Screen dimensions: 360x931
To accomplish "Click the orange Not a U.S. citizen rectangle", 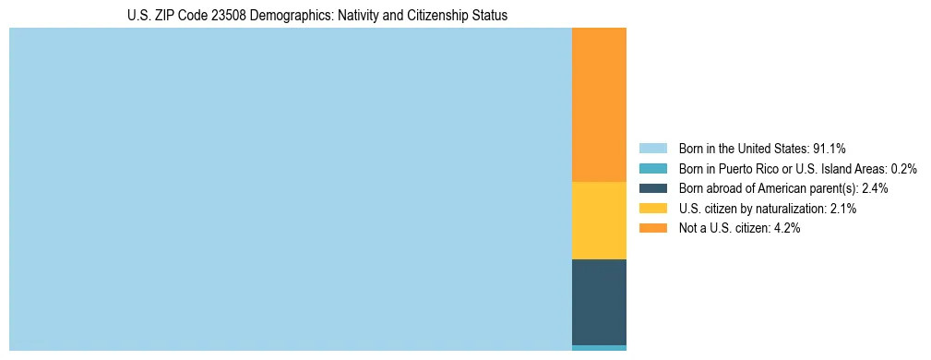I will [599, 104].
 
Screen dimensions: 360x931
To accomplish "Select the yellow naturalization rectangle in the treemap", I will [599, 221].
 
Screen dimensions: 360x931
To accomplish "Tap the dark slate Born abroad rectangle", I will [599, 302].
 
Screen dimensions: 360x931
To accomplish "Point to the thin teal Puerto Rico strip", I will [599, 348].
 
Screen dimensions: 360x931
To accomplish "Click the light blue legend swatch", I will [652, 149].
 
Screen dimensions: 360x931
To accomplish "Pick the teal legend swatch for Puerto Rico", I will [652, 169].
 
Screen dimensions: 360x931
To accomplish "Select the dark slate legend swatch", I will [652, 188].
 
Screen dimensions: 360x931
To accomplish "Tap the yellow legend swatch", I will [652, 209].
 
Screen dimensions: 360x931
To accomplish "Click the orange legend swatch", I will [652, 228].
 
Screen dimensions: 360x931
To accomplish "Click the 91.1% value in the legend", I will [829, 149].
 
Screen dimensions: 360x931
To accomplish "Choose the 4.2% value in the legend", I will [785, 228].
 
